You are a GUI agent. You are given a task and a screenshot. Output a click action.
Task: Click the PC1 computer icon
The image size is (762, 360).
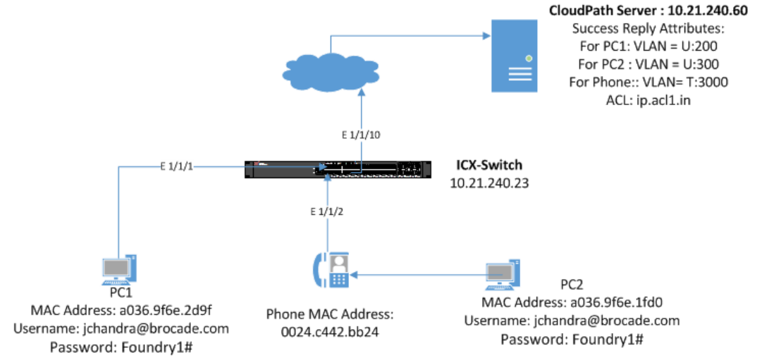click(119, 271)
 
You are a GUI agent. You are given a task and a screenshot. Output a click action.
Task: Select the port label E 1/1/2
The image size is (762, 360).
click(329, 211)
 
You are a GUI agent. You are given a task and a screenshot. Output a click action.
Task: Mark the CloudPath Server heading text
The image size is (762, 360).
click(648, 12)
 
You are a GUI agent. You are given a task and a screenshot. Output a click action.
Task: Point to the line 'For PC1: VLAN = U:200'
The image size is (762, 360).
click(648, 46)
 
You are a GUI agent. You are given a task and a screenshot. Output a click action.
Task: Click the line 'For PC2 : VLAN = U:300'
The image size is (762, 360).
click(648, 64)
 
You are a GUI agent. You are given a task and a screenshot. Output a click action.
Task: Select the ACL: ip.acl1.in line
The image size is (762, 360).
click(648, 99)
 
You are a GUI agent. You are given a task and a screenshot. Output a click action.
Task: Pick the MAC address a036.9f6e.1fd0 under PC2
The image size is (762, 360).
click(572, 303)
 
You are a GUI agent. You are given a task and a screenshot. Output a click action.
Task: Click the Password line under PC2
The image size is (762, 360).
click(572, 339)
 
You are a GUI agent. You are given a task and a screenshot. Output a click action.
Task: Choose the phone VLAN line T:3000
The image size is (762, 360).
click(648, 82)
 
